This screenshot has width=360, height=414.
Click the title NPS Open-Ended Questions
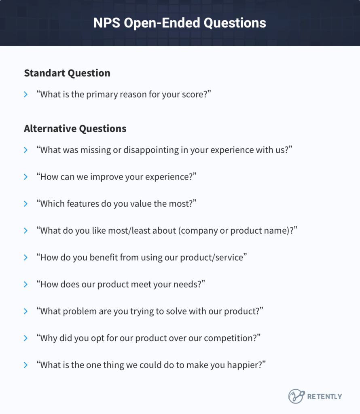tap(180, 23)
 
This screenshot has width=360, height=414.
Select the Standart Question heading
tap(67, 73)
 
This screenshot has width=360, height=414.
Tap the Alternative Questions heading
tap(75, 129)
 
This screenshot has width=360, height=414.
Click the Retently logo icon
tap(296, 396)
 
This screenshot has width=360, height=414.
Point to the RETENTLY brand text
tap(324, 397)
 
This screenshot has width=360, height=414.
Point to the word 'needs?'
tap(190, 284)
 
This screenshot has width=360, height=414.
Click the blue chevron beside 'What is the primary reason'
tap(26, 95)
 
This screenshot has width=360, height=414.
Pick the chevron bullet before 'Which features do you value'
tap(26, 204)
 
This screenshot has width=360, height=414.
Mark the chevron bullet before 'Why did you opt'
tap(26, 338)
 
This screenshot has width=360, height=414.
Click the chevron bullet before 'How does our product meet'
tap(26, 284)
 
